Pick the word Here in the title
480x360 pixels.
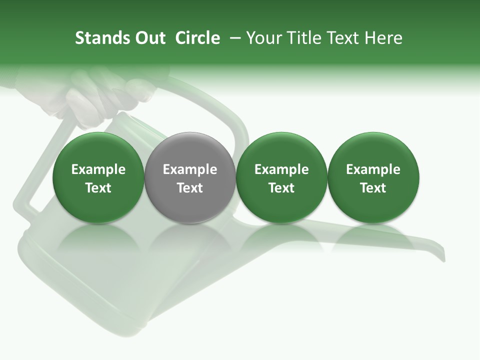pos(384,38)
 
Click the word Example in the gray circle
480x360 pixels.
pos(190,169)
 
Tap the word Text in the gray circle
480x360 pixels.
pos(190,188)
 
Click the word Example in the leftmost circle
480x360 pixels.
pos(98,169)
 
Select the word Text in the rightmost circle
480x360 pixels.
pos(373,188)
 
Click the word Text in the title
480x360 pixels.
pos(348,38)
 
